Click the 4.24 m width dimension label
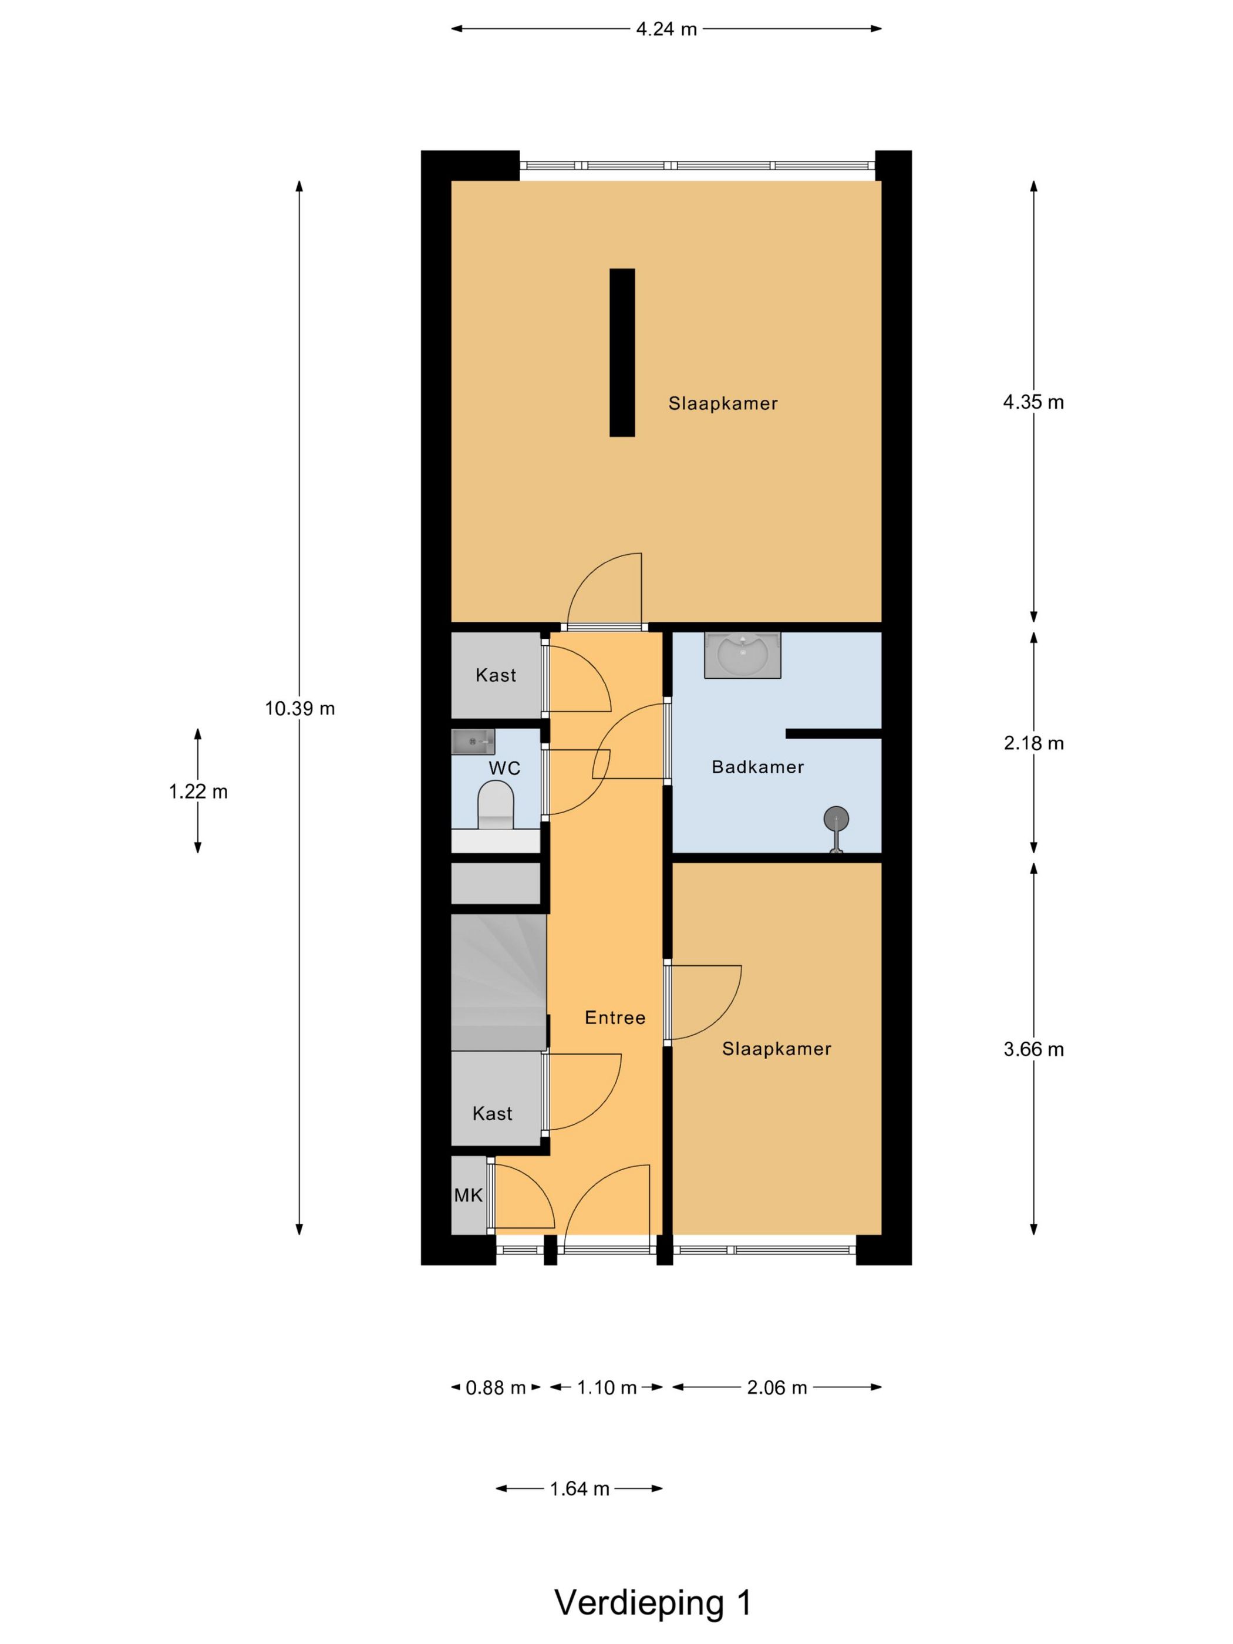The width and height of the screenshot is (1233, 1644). click(666, 29)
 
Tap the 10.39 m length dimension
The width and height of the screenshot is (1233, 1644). click(299, 708)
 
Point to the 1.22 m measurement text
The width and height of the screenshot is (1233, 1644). click(198, 791)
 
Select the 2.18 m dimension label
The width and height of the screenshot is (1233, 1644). click(1033, 743)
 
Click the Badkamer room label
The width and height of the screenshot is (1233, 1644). click(757, 766)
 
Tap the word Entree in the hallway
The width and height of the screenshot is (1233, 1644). click(615, 1018)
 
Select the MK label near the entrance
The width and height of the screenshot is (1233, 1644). click(468, 1195)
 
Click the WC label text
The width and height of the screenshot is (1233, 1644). click(504, 768)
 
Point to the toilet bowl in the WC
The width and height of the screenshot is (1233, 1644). click(496, 805)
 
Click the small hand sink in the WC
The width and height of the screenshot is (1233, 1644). click(473, 742)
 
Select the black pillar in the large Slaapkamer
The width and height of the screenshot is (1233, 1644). click(622, 352)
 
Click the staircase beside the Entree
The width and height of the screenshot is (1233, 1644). click(498, 982)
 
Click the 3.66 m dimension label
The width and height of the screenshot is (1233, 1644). click(1033, 1049)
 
